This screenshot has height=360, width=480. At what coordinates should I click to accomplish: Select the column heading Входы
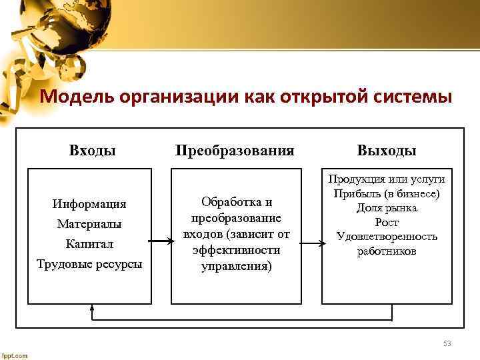click(x=93, y=149)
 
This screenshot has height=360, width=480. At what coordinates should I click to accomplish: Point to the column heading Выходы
click(x=387, y=149)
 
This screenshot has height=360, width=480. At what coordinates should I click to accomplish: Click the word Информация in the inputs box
click(x=92, y=203)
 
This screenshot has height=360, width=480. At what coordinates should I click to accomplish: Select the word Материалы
click(x=89, y=223)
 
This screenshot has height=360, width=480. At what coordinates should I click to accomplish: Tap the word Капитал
click(x=89, y=243)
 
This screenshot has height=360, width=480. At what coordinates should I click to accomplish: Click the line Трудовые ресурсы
click(x=89, y=264)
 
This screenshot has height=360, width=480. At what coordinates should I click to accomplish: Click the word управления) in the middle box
click(x=236, y=267)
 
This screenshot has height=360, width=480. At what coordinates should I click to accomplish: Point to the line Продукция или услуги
click(x=387, y=179)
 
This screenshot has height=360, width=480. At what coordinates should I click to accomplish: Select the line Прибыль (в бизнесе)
click(x=387, y=193)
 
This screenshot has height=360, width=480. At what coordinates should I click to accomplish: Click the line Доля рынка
click(x=387, y=208)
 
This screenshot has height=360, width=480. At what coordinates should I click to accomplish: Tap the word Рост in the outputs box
click(x=387, y=223)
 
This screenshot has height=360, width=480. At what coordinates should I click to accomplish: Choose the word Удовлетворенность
click(x=387, y=237)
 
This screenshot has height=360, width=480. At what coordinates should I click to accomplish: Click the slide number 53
click(x=447, y=344)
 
